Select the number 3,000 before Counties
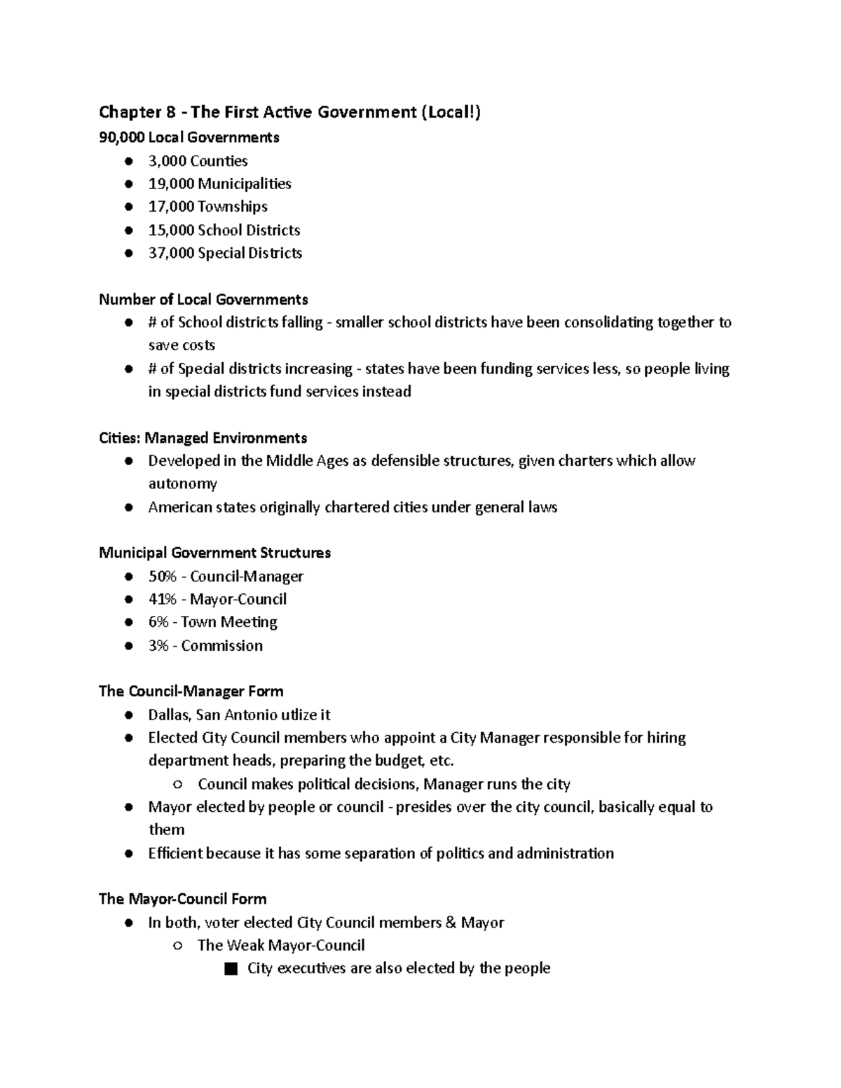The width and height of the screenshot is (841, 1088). point(167,161)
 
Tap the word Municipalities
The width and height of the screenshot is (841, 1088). point(244,184)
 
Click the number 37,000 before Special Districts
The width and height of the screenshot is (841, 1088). point(171,253)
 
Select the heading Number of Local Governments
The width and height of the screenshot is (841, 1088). point(203,299)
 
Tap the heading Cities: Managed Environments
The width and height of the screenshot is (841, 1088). point(203,438)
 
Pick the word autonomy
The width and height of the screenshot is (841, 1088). point(182,484)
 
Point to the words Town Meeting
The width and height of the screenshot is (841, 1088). point(228,622)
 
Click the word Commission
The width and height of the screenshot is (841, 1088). point(221,646)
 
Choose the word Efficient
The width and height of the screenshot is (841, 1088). point(175,853)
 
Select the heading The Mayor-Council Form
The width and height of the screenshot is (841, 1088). point(182,899)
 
